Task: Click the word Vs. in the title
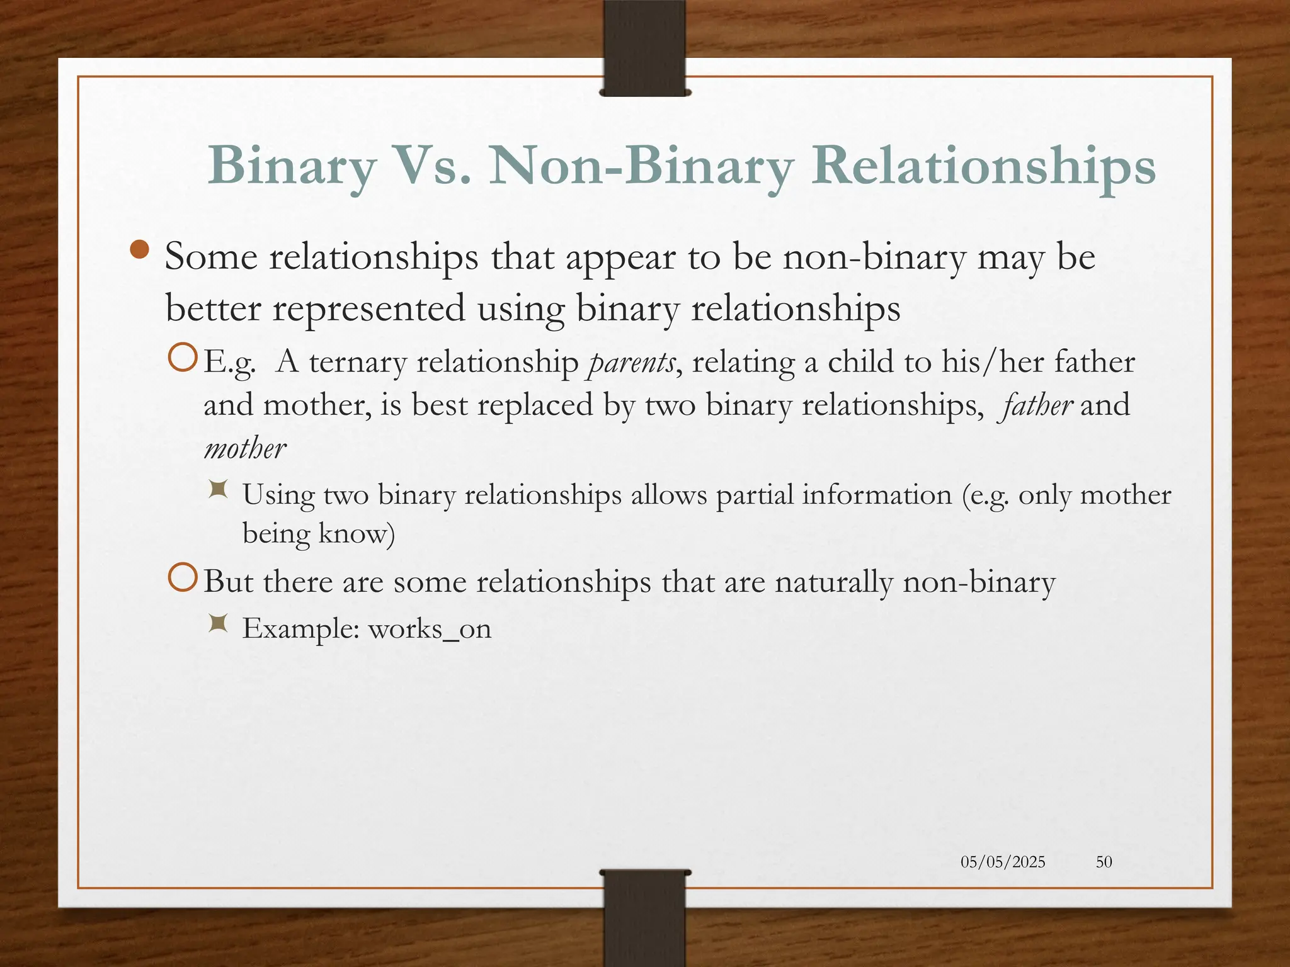tap(434, 166)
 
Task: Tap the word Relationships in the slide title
tap(983, 166)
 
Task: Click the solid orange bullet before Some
tap(139, 251)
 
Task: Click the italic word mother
tap(245, 449)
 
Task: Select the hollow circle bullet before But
tap(183, 579)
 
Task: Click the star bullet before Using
tap(218, 489)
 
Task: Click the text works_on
tap(430, 629)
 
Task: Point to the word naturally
tap(833, 582)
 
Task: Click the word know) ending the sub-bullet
tap(357, 534)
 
